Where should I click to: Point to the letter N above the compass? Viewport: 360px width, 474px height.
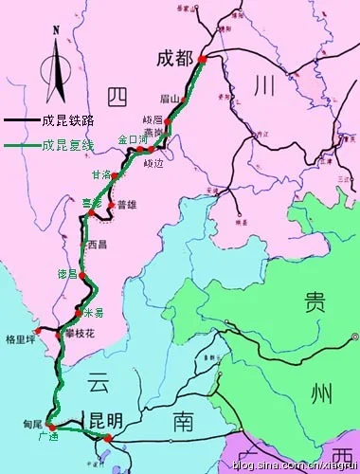[x=56, y=30]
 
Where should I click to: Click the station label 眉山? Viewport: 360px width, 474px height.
[x=171, y=98]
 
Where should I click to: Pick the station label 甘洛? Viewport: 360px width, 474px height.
[x=100, y=174]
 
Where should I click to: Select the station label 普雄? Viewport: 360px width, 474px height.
[x=127, y=205]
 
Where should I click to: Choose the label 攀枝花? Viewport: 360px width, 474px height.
[x=81, y=334]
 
